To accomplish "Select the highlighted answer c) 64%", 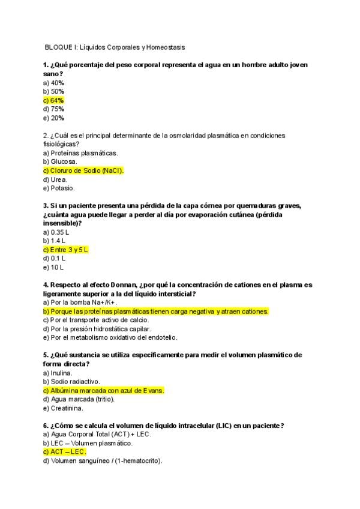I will click(x=53, y=100).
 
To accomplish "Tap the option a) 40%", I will click(x=53, y=82).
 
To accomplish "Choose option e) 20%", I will click(x=53, y=118).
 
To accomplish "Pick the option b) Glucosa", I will click(x=60, y=161).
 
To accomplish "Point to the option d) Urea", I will click(x=55, y=179).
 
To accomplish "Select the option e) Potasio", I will click(x=59, y=188).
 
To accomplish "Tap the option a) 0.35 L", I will click(x=56, y=232).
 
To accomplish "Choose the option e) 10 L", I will click(x=53, y=267).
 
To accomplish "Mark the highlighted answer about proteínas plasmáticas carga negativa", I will click(x=156, y=312).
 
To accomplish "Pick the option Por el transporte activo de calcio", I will click(x=96, y=320).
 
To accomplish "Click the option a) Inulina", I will click(x=58, y=373).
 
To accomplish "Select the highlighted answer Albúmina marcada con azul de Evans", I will click(x=103, y=390).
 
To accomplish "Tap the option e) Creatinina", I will click(x=63, y=408).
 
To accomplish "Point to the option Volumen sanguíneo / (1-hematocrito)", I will click(x=103, y=461).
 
